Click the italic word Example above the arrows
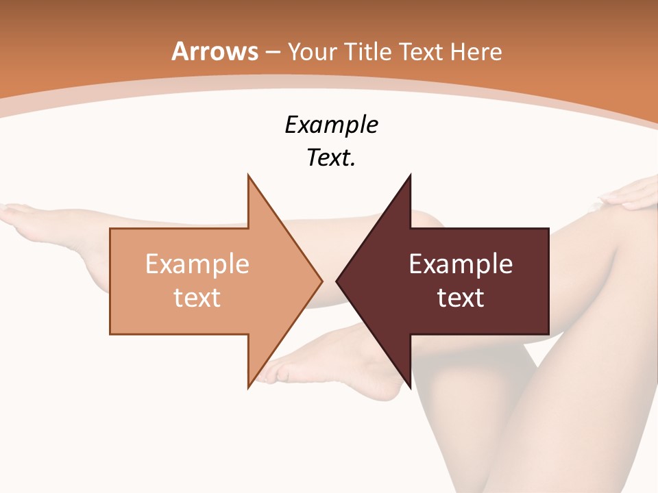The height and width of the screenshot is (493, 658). pos(331,125)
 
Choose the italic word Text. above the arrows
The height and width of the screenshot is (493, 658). pos(331,158)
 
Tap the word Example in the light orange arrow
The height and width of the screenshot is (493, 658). pos(197,264)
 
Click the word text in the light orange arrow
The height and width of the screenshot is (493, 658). pos(197,298)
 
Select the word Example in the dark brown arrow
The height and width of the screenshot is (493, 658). pos(461,264)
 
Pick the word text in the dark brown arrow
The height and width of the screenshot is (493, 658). pos(461,298)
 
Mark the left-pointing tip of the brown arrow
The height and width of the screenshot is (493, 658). pos(337,281)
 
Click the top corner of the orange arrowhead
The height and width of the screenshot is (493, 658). pos(248,176)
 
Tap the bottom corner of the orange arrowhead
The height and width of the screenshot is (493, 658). pos(248,387)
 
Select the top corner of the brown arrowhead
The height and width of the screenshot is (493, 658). pos(410,176)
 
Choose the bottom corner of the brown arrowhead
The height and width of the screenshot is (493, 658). pos(410,387)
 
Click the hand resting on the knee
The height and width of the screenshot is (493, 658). pos(631,195)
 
